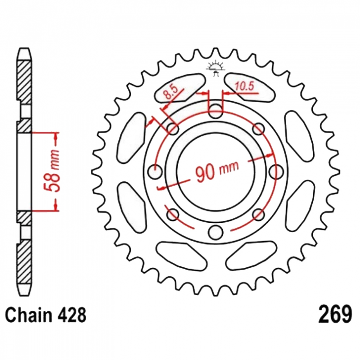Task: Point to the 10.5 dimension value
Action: (x=244, y=86)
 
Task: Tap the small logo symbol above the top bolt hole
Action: (x=215, y=68)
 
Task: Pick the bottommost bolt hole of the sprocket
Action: (x=216, y=232)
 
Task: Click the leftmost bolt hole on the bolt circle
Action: (x=155, y=171)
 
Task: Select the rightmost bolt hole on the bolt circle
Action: (x=276, y=171)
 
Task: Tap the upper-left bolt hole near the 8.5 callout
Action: (x=173, y=129)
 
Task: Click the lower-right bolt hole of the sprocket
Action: (x=258, y=215)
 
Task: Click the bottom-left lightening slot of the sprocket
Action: (x=182, y=255)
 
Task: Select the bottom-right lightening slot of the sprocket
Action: (x=251, y=255)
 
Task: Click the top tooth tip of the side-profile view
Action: (x=24, y=48)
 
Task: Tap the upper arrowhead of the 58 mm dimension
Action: (x=55, y=136)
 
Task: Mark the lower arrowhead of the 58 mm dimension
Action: (x=55, y=207)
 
